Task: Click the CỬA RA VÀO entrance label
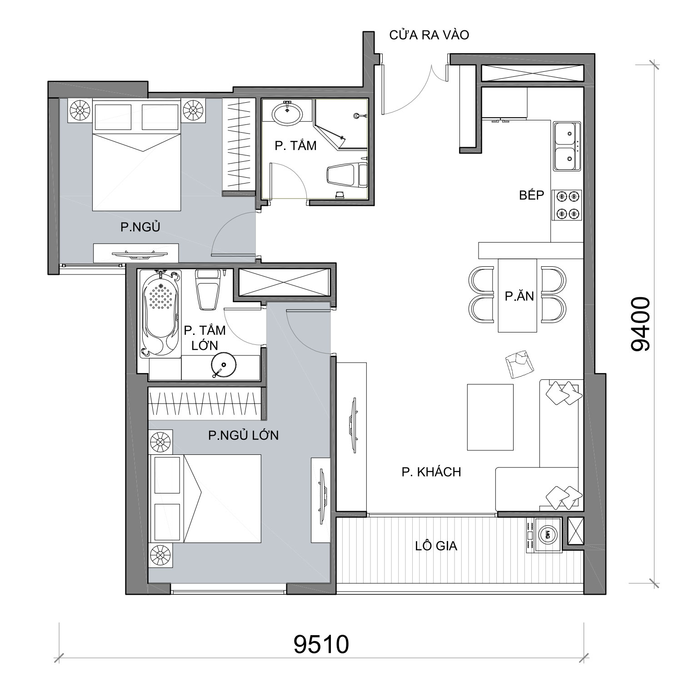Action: click(x=429, y=35)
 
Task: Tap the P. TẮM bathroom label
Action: click(x=295, y=146)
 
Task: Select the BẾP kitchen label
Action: click(x=532, y=195)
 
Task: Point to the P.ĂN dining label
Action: click(x=519, y=296)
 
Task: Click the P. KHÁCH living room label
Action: click(x=431, y=472)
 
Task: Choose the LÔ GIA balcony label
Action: click(x=436, y=546)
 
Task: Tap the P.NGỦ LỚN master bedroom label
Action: click(x=243, y=435)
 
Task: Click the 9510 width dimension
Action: click(x=321, y=644)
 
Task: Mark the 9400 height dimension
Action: click(x=641, y=324)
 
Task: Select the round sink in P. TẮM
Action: click(x=287, y=113)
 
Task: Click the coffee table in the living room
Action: click(x=490, y=417)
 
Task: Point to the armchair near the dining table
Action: click(x=519, y=363)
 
